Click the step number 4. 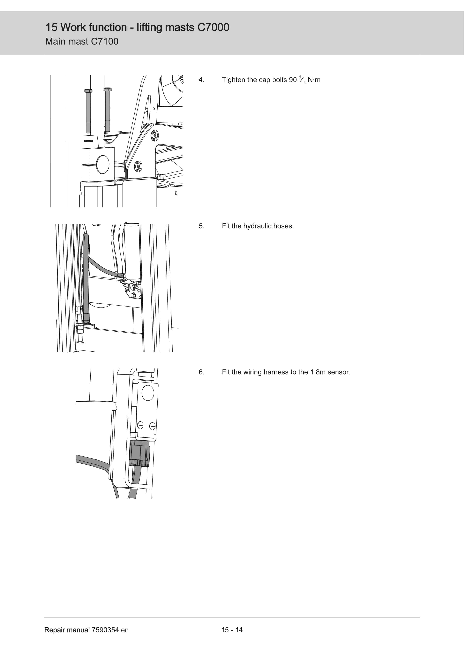click(201, 80)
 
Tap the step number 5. click(201, 226)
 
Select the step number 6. click(201, 372)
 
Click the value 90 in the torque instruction click(293, 80)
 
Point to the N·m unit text click(314, 80)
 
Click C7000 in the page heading click(213, 27)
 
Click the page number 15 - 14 click(232, 630)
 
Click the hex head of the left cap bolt click(88, 91)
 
